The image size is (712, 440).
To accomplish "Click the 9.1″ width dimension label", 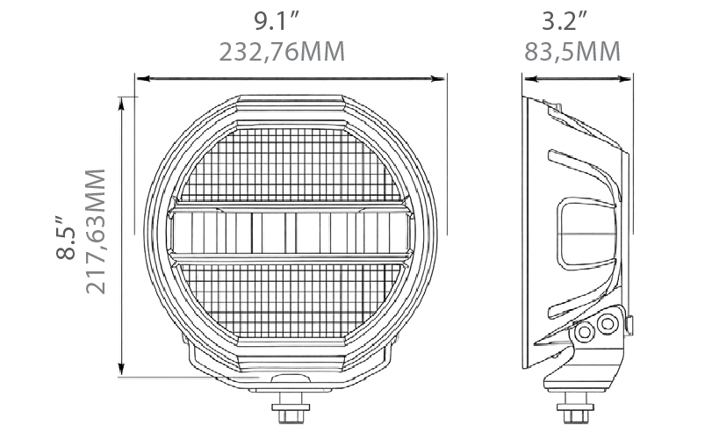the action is (277, 21).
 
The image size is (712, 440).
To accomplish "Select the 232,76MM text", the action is (282, 52).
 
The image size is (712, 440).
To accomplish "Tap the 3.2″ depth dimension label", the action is (565, 21).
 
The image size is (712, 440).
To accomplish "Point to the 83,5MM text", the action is (572, 52).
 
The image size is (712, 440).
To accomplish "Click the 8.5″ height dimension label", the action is (67, 237).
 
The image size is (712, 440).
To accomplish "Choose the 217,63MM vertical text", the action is (96, 232).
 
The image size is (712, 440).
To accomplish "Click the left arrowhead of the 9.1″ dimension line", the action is (142, 79).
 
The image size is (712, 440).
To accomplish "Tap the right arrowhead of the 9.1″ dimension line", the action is (438, 79).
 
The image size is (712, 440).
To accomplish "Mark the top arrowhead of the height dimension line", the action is (121, 104).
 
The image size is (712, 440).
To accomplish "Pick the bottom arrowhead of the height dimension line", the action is (121, 368).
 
